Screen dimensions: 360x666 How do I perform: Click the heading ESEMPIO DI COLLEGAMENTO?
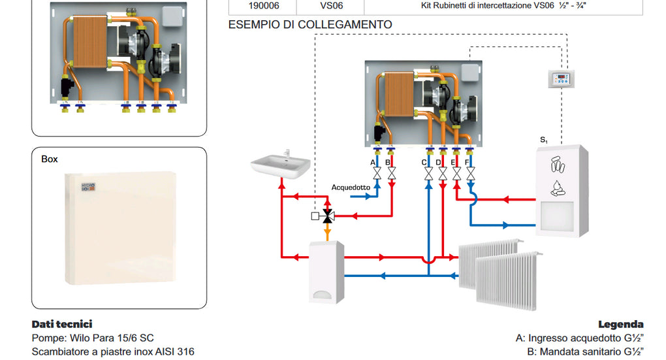(310, 25)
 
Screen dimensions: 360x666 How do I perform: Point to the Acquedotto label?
(351, 188)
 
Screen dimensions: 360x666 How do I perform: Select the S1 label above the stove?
(544, 140)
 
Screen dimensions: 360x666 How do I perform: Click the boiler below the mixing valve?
(326, 271)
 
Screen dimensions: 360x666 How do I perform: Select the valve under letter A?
(377, 174)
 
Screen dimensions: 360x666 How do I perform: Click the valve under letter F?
(470, 174)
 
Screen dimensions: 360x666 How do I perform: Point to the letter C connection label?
(424, 162)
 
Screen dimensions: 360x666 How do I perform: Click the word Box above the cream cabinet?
(50, 159)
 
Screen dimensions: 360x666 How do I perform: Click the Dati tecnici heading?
(62, 324)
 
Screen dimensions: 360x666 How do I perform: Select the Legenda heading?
(620, 324)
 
